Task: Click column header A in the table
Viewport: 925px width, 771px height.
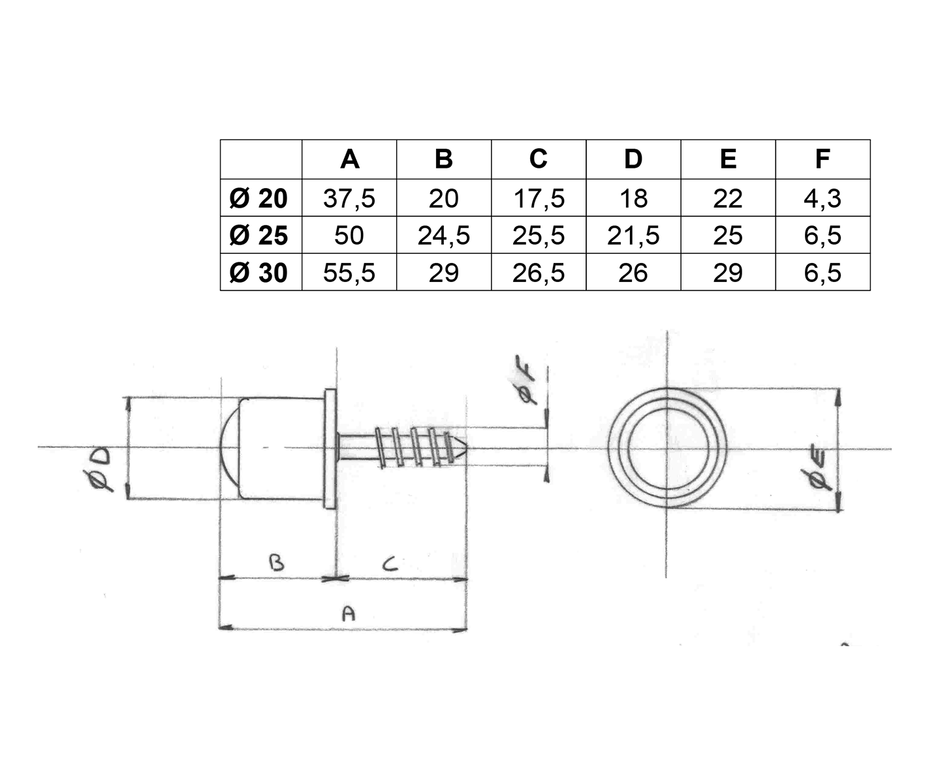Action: click(349, 159)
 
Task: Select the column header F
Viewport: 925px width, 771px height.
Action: click(823, 159)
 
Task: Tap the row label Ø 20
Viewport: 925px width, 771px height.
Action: click(259, 198)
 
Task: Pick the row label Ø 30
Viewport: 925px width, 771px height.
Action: click(259, 272)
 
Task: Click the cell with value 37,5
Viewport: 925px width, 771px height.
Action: click(349, 198)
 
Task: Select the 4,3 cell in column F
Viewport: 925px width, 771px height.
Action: click(823, 198)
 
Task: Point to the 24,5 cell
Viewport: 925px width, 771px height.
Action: click(443, 235)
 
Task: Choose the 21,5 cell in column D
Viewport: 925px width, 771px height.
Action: click(633, 235)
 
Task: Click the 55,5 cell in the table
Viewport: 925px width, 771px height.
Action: click(349, 272)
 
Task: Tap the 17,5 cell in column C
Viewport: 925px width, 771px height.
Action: click(539, 198)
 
